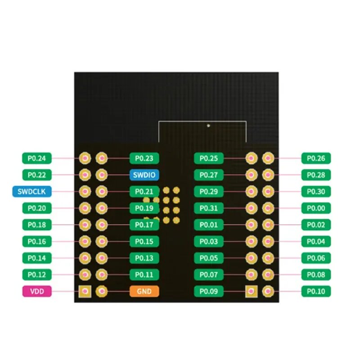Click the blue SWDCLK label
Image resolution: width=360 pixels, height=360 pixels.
(x=32, y=192)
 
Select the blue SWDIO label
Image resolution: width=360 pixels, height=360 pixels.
(x=144, y=175)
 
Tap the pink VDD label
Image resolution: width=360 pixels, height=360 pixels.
(x=37, y=291)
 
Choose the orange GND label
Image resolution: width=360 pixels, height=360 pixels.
(x=144, y=291)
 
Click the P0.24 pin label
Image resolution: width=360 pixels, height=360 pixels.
(x=37, y=158)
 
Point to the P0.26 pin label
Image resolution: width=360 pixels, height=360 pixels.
(x=316, y=158)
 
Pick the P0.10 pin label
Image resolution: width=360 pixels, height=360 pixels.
(x=316, y=291)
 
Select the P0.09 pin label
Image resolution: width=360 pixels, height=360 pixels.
(x=209, y=291)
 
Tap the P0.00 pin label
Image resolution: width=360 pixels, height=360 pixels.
(x=316, y=208)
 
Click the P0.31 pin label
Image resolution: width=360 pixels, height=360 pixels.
(x=209, y=208)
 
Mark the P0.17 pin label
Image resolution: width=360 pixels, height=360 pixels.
(x=144, y=225)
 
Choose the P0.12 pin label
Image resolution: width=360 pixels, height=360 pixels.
(x=37, y=274)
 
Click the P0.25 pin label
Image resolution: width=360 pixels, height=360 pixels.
(x=209, y=158)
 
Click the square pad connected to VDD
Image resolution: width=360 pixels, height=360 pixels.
(x=85, y=291)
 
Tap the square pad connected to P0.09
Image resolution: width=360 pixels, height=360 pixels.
(x=252, y=291)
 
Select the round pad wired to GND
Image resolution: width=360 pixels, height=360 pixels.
(x=102, y=291)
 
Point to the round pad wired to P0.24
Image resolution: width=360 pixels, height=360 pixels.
(x=85, y=158)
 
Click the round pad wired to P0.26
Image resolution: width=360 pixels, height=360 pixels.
(x=268, y=158)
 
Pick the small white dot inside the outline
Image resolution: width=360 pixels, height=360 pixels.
(x=208, y=126)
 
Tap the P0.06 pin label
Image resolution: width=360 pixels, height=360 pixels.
(x=316, y=258)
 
